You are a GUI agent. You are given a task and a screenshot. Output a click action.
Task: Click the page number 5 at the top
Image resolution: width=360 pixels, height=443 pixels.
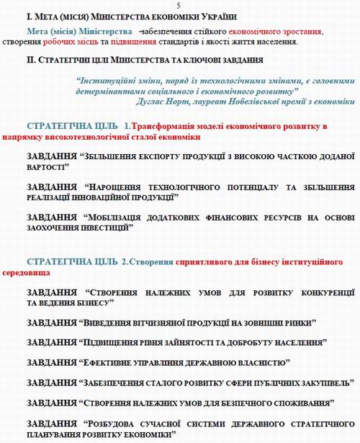click(179, 5)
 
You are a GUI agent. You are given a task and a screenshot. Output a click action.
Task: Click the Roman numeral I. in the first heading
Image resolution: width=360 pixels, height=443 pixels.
click(28, 17)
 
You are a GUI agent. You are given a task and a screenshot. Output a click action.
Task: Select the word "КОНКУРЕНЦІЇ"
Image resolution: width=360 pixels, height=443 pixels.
click(317, 293)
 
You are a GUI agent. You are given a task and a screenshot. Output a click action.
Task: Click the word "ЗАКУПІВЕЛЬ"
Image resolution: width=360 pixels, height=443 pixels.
click(318, 381)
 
